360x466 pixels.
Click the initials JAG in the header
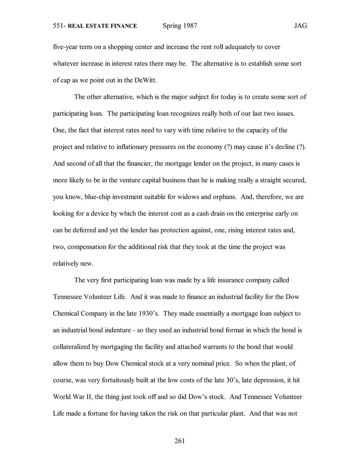[300, 26]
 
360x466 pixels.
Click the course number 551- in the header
[59, 26]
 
